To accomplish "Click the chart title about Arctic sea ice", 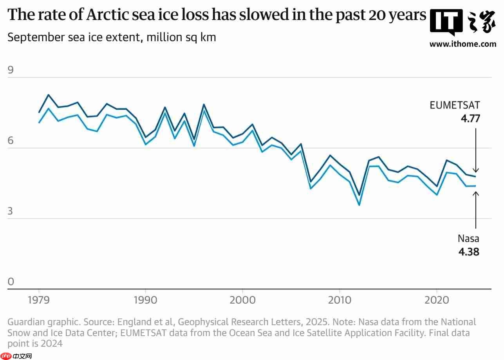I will click(x=217, y=15).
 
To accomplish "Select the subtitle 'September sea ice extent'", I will click(x=112, y=38).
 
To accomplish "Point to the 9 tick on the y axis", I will click(x=11, y=71).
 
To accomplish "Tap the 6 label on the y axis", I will click(x=11, y=141).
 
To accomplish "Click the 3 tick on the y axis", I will click(x=11, y=212).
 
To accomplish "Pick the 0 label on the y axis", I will click(x=11, y=282).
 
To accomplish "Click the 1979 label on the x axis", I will click(x=39, y=300).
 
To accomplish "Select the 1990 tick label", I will click(x=145, y=300).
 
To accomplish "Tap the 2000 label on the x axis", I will click(x=242, y=300).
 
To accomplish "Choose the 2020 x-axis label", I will click(x=437, y=300).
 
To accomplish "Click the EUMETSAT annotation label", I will click(x=455, y=105).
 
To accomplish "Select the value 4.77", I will click(x=470, y=118).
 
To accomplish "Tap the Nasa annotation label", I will click(x=468, y=239).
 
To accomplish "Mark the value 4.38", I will click(x=469, y=251).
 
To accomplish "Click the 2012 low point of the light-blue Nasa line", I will click(x=359, y=205).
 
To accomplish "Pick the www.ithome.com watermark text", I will click(x=462, y=44).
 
